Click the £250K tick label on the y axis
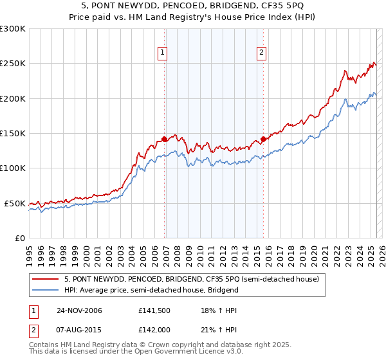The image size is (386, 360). tap(12, 64)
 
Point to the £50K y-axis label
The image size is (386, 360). tap(14, 203)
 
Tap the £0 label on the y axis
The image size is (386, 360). tap(19, 238)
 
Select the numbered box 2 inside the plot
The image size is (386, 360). tap(262, 53)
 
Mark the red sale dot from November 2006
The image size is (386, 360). tap(165, 139)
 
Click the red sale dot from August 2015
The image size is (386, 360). tap(264, 139)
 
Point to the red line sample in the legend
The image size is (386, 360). tap(46, 280)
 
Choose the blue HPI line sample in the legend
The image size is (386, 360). tap(46, 290)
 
